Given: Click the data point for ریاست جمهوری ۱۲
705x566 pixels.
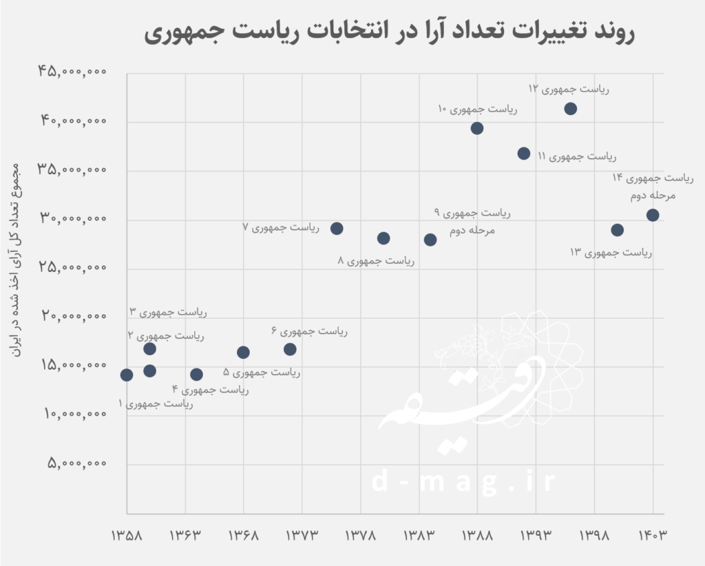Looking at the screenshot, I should click(x=570, y=109).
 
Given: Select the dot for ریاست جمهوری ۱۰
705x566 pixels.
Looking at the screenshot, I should click(x=477, y=128).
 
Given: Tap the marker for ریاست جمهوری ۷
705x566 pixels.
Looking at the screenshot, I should click(x=337, y=229).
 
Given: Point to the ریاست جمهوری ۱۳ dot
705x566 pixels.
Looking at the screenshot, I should click(x=617, y=230).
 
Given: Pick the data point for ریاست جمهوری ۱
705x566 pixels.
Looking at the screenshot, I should click(x=127, y=375).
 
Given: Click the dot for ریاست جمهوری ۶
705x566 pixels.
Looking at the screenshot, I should click(x=290, y=349).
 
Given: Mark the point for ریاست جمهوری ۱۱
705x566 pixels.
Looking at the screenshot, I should click(x=524, y=154).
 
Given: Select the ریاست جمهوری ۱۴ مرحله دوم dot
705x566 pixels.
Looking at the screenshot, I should click(x=653, y=216).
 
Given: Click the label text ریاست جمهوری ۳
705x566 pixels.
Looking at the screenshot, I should click(x=168, y=312).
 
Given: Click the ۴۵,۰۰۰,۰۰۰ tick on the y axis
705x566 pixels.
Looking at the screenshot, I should click(x=73, y=72).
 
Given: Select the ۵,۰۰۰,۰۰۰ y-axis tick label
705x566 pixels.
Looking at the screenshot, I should click(x=77, y=463).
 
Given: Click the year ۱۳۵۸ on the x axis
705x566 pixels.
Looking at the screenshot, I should click(x=127, y=536).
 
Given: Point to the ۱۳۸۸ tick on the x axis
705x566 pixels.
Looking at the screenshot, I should click(x=477, y=536).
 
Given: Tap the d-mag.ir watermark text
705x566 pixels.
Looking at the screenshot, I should click(x=463, y=482).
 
